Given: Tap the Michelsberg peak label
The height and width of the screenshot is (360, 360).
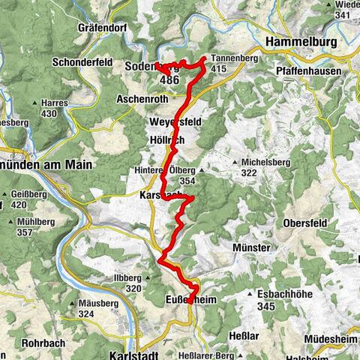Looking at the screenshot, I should click(x=264, y=163).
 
